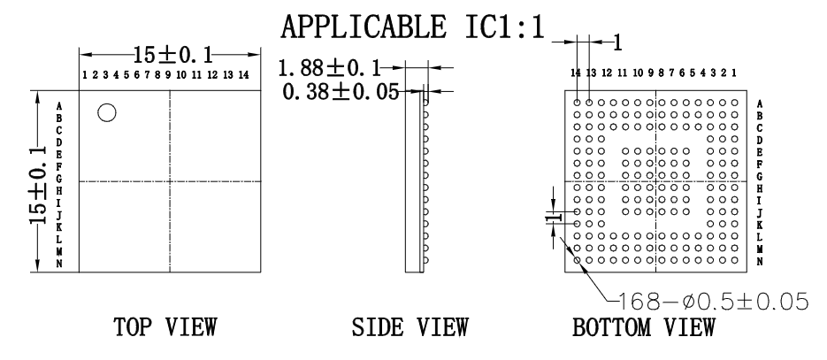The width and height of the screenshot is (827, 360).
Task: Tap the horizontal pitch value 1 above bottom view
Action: pyautogui.click(x=618, y=41)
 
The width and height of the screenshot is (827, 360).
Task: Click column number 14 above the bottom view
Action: pyautogui.click(x=577, y=71)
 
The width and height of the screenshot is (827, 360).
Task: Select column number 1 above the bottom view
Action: pyautogui.click(x=736, y=71)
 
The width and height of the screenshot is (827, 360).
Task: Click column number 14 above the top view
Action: pyautogui.click(x=243, y=74)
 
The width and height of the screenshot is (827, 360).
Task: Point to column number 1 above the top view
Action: pyautogui.click(x=84, y=74)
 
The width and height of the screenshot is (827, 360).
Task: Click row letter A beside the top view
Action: pyautogui.click(x=58, y=105)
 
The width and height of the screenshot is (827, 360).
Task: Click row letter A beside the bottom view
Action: pyautogui.click(x=761, y=103)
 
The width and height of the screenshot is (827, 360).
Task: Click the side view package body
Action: pyautogui.click(x=412, y=181)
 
